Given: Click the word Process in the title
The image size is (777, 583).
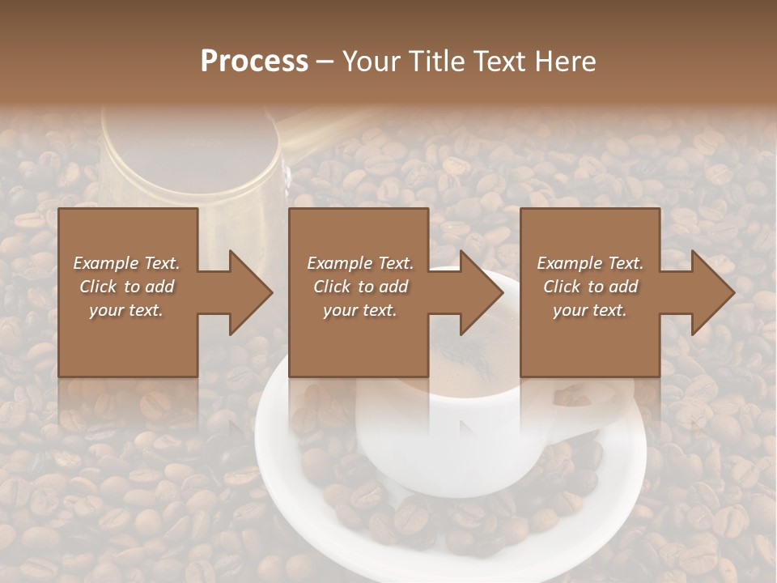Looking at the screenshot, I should tap(254, 62).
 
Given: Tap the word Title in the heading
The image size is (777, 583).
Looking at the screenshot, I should tap(437, 62).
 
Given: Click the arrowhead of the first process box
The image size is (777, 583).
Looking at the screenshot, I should tap(251, 292).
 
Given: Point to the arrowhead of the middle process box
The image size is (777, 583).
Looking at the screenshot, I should tap(482, 292).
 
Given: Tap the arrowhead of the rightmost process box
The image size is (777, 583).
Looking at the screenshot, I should tap(713, 292).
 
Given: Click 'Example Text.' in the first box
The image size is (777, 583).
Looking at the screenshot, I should tap(126, 263).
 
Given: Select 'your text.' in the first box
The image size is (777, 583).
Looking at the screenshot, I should tap(126, 310).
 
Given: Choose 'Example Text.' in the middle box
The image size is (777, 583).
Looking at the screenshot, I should tap(359, 263).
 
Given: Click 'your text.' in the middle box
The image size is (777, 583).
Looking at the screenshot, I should tap(359, 310).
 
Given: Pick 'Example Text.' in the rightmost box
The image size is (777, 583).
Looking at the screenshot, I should tap(590, 263).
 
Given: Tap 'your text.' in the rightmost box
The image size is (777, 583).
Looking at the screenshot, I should tap(590, 310).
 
